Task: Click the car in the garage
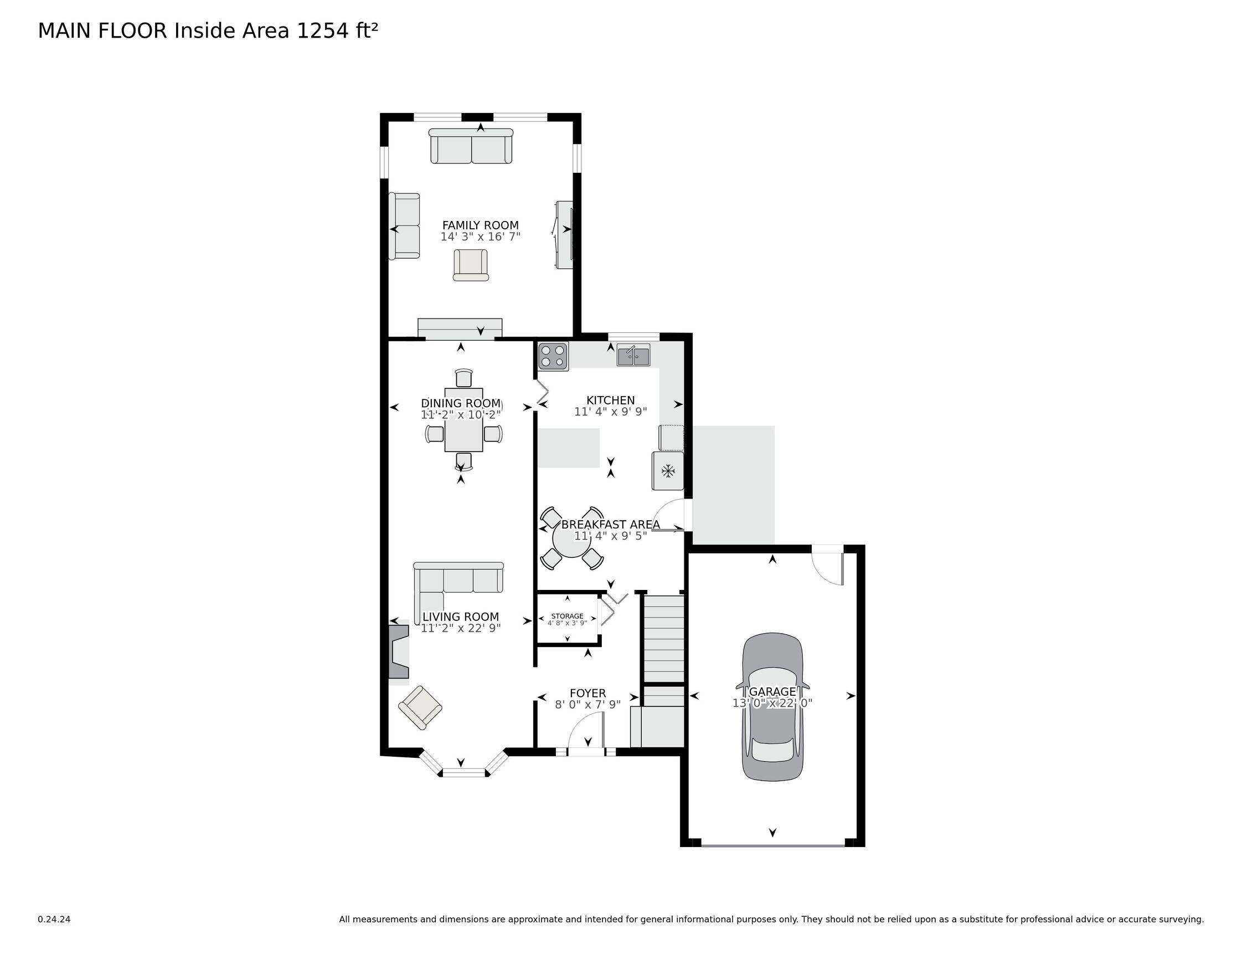tap(772, 706)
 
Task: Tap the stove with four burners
tap(553, 356)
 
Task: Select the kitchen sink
tap(633, 355)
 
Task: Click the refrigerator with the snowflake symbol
tap(668, 471)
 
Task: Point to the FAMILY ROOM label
tap(481, 225)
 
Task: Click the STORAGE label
tap(567, 617)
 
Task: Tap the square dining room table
tap(463, 420)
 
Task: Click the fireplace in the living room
tap(399, 651)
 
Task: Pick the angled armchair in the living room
tap(420, 707)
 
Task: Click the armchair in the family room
tap(471, 265)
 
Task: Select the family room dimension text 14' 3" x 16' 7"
tap(481, 237)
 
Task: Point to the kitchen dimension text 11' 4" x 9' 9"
tap(611, 412)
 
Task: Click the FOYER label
tap(588, 693)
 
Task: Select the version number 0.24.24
tap(54, 919)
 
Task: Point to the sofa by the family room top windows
tap(471, 146)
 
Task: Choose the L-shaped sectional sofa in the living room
tap(458, 586)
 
